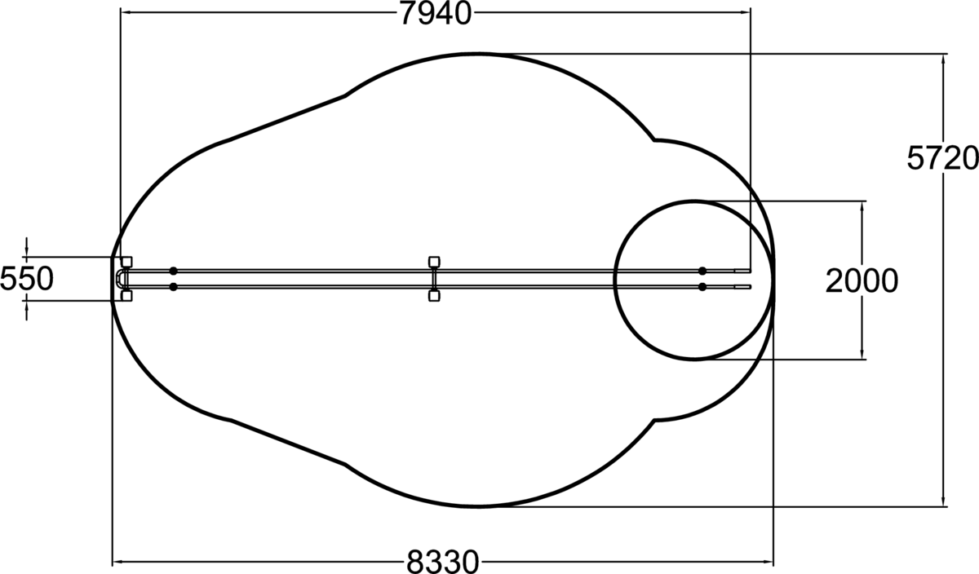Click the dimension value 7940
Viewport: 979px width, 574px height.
click(x=436, y=14)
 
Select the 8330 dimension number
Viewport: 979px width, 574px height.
click(x=443, y=561)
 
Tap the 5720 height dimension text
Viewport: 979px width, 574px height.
click(x=942, y=158)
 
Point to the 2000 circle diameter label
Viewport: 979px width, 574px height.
click(x=862, y=280)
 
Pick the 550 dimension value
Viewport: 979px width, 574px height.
click(x=27, y=279)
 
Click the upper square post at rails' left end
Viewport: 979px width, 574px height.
click(x=126, y=262)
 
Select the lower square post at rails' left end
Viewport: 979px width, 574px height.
click(x=126, y=296)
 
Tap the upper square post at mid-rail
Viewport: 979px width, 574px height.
click(x=434, y=262)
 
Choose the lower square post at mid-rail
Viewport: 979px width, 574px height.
click(x=434, y=296)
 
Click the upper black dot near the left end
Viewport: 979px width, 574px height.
click(x=174, y=271)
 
